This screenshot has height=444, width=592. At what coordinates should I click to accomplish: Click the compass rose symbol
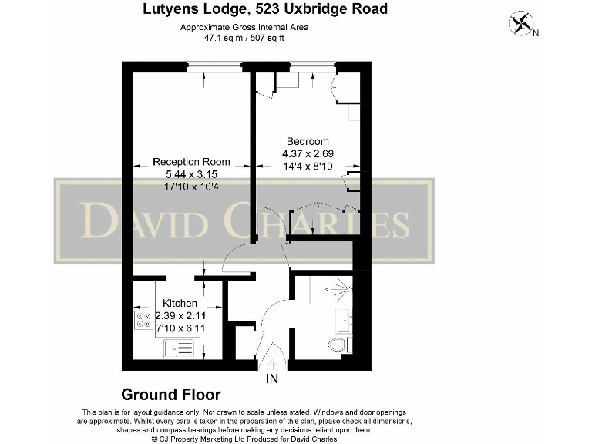coord(520,23)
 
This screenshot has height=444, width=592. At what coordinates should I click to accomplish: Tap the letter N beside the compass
coord(536,32)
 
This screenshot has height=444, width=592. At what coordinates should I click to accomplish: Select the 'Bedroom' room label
coord(308,141)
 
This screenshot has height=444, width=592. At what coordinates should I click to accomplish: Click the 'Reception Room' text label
coord(191,162)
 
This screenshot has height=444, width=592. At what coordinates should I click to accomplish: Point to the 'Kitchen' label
coord(179,304)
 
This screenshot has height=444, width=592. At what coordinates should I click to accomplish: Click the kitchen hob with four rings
coord(143,320)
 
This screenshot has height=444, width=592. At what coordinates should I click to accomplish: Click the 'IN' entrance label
coord(271,379)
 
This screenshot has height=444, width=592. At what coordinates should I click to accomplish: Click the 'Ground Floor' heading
coord(171,395)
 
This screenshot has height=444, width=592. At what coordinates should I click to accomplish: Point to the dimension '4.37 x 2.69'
coord(308,153)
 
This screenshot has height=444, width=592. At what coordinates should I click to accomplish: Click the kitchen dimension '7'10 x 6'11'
coord(180,328)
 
